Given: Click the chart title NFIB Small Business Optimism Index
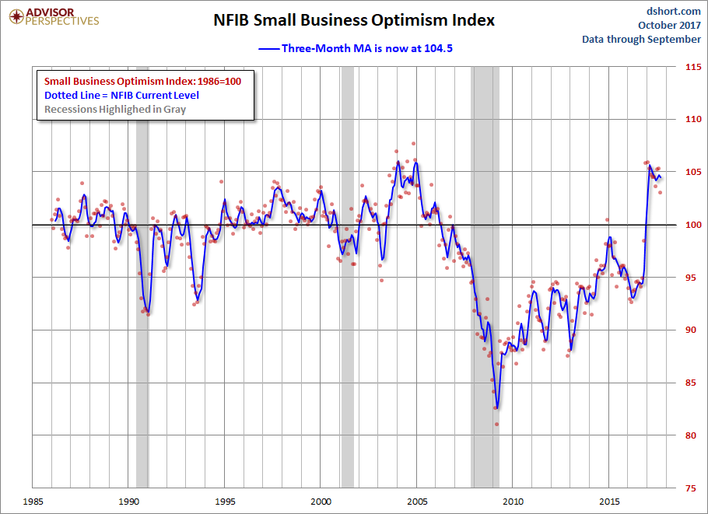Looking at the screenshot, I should pos(354,20).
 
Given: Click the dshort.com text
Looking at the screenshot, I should pos(674,10).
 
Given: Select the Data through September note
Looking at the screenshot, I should pos(641,39).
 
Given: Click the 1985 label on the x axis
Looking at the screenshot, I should pos(32,502).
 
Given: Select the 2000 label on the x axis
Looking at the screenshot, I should pos(321,502).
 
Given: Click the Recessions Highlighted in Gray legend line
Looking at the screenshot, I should pos(115,109).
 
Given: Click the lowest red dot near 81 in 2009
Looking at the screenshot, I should pos(496,424).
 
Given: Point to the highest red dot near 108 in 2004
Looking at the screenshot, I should pos(413,144).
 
